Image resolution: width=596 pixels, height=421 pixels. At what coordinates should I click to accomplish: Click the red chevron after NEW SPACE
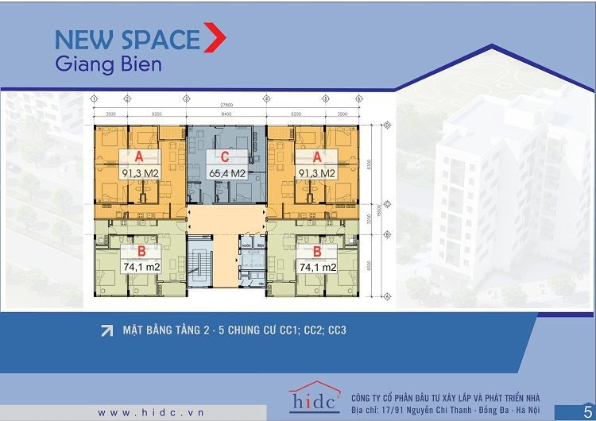click(215, 38)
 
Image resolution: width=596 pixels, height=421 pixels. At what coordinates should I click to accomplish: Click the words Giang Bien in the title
click(108, 64)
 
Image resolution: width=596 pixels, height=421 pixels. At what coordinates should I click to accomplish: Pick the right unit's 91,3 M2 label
click(317, 172)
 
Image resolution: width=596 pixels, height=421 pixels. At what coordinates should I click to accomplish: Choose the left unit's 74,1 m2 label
click(142, 268)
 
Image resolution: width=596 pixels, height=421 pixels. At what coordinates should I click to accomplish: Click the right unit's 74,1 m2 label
click(315, 268)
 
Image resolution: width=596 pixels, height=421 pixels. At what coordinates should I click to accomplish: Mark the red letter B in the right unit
click(315, 253)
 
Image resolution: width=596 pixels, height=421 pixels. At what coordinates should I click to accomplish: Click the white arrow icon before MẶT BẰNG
click(106, 330)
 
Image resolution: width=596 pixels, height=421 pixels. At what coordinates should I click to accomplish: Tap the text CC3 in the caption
click(337, 330)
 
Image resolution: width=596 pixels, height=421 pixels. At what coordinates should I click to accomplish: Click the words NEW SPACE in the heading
click(127, 39)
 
